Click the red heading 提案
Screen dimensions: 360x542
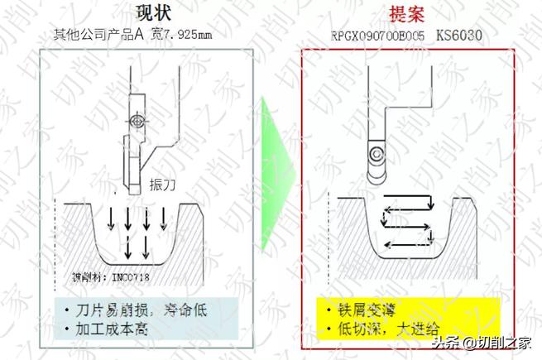(408, 14)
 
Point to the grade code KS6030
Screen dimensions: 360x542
(459, 36)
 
